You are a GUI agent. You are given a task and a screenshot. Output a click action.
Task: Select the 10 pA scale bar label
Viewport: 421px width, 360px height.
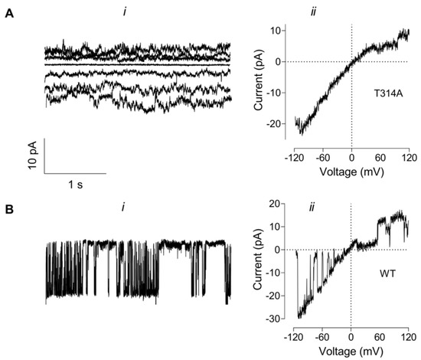tap(32, 157)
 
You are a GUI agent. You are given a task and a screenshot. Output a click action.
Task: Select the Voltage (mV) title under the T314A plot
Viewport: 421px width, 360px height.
tap(351, 171)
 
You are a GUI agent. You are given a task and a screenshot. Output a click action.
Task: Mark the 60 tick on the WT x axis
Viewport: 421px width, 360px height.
tap(380, 335)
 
